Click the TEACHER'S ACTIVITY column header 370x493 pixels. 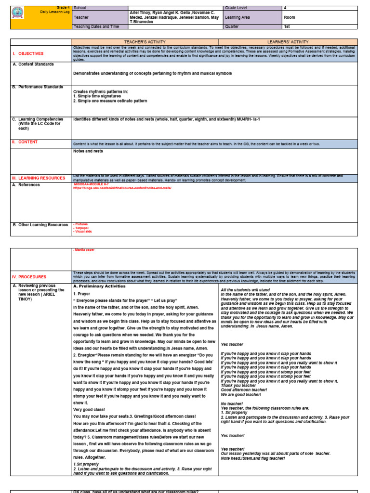(x=145, y=42)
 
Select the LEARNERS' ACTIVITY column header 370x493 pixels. (x=288, y=42)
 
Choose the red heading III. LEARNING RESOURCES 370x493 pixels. (x=39, y=178)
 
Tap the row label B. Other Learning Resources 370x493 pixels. (x=40, y=225)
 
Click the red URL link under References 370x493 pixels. (x=122, y=188)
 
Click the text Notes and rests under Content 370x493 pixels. (x=88, y=151)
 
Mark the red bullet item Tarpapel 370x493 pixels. (x=81, y=228)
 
